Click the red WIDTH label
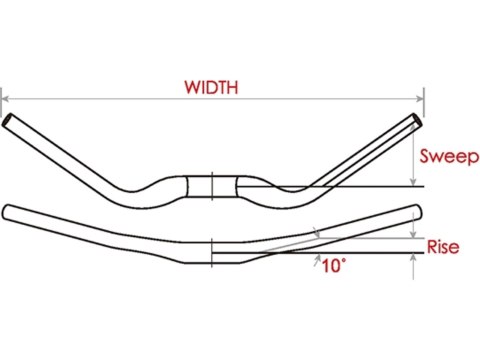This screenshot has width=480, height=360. (x=212, y=87)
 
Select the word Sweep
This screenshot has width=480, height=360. (x=448, y=157)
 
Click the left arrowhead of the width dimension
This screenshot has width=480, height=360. (x=5, y=98)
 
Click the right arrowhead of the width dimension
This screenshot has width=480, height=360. (x=421, y=98)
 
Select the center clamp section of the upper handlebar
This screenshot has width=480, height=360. (x=212, y=187)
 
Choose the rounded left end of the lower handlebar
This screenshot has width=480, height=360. (x=8, y=211)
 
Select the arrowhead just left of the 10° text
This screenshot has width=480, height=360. (x=318, y=261)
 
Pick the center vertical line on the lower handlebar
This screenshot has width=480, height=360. (x=212, y=251)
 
